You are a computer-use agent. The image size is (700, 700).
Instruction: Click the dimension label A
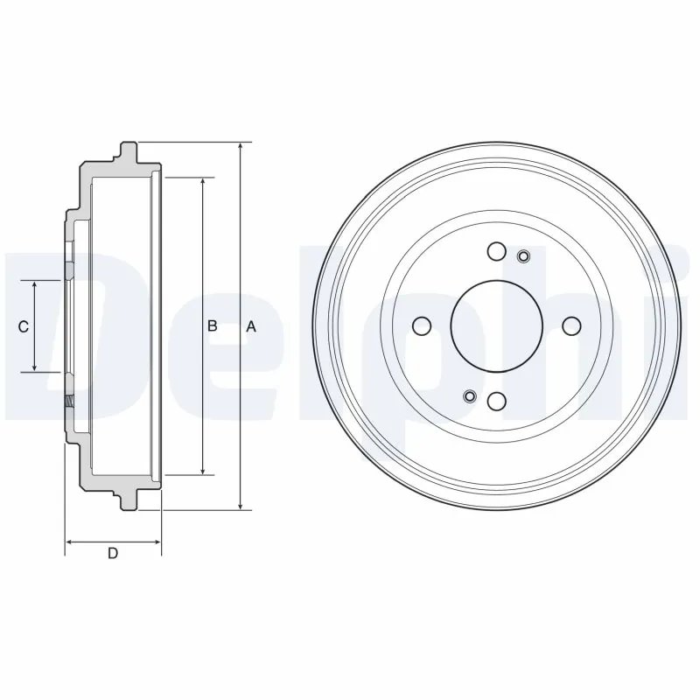point(250,326)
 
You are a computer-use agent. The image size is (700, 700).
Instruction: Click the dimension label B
point(212,326)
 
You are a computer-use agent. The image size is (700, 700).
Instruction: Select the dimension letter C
point(24,326)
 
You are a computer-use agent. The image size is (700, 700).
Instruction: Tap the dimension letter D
point(112,553)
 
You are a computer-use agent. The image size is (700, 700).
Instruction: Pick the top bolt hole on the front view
point(496,252)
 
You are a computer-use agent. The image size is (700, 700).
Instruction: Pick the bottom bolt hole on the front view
point(496,401)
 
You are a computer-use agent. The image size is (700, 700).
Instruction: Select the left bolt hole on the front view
point(422,326)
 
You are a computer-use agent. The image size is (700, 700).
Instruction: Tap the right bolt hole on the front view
point(571,326)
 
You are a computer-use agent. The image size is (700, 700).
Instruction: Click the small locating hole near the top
point(524,256)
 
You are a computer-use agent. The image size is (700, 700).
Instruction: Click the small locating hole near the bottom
point(469,396)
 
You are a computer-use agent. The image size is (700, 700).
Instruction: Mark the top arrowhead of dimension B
point(204,183)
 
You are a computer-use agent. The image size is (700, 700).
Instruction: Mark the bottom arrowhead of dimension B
point(204,470)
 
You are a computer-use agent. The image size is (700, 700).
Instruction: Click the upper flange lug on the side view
point(128,150)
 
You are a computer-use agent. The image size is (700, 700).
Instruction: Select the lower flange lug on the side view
point(128,501)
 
